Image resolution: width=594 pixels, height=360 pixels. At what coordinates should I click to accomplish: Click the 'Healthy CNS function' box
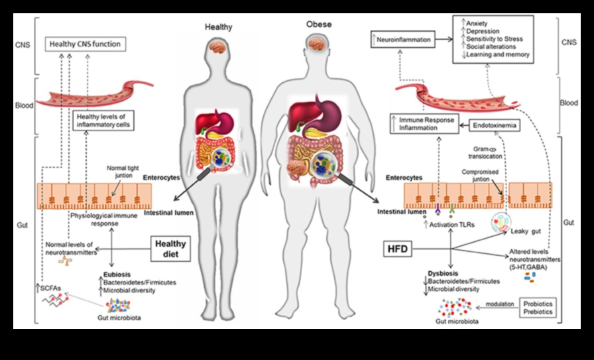pos(85,45)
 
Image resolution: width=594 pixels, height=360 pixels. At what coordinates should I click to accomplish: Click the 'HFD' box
pos(397,249)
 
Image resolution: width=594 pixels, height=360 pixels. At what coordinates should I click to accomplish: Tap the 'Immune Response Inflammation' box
pos(425,123)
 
